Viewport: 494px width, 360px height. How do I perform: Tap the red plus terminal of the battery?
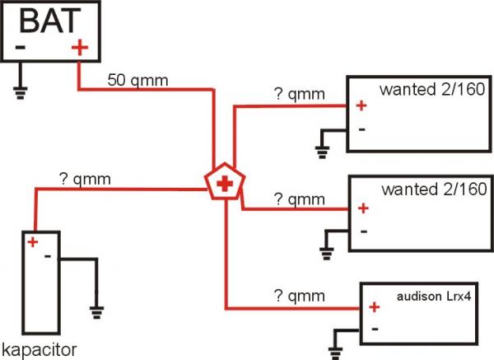pos(79,48)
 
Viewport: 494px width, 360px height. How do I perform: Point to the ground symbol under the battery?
pos(20,91)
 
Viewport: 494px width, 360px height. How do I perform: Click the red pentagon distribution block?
pos(223,183)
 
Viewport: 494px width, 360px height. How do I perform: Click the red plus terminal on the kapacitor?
pos(32,241)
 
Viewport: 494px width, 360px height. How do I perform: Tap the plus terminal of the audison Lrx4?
pos(374,308)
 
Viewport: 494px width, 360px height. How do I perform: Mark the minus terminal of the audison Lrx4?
pos(374,329)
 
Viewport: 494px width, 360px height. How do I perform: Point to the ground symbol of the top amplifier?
pos(322,149)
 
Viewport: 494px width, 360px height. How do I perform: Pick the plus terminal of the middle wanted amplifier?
pos(362,207)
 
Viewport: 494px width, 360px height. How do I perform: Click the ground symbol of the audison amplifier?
pos(335,352)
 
